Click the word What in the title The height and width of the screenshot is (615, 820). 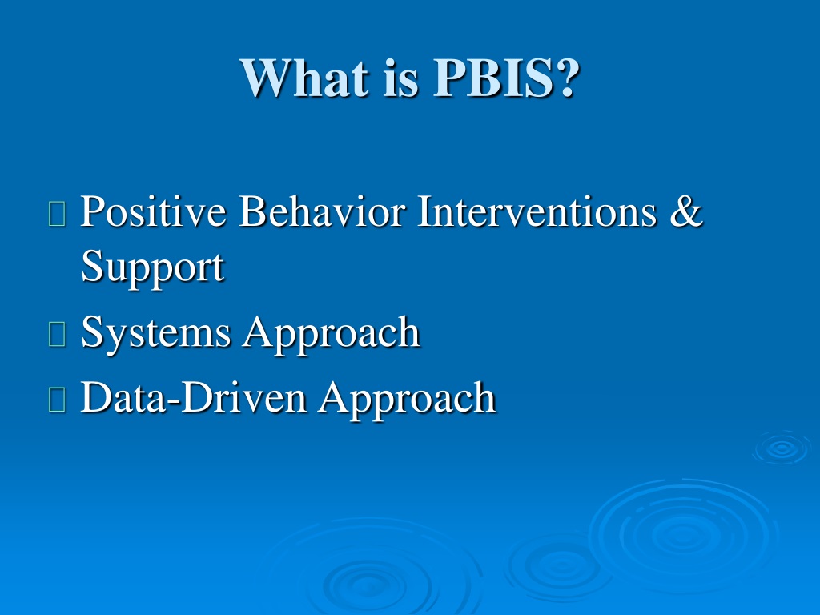[304, 78]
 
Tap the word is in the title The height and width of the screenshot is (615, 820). [401, 78]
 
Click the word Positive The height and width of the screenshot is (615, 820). [153, 211]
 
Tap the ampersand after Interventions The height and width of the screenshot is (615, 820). [686, 211]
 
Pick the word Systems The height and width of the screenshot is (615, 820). [155, 333]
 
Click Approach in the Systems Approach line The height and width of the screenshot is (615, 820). [331, 333]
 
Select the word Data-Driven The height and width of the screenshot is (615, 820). [194, 397]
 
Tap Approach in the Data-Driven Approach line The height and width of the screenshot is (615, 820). [408, 399]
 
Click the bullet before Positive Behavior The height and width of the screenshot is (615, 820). [57, 213]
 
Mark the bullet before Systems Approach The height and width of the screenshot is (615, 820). [57, 334]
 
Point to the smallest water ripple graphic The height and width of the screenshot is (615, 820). [782, 448]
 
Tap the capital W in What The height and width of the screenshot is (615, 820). [266, 78]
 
